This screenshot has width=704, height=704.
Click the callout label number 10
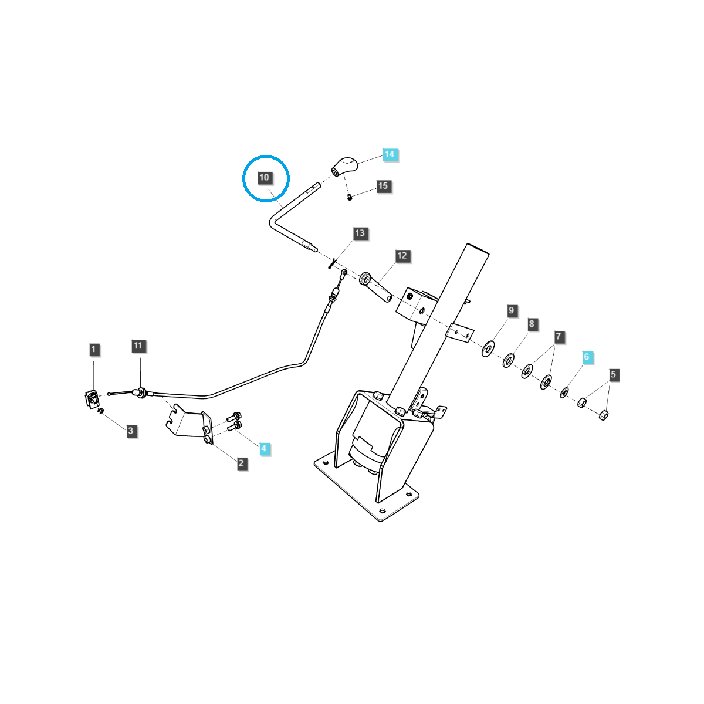tap(264, 177)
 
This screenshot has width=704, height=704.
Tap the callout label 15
tap(383, 186)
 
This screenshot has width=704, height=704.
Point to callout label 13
tap(360, 233)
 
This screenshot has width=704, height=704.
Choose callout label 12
tap(402, 256)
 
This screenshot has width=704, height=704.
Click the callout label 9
tap(511, 310)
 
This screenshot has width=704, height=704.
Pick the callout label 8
tap(532, 324)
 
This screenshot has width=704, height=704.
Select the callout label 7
tap(559, 337)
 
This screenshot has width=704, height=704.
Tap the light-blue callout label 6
tap(586, 357)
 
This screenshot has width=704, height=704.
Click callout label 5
tap(613, 374)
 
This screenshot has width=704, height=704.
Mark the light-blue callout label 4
tap(264, 449)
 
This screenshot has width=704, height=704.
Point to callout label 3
tap(130, 431)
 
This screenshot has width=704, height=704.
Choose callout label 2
tap(241, 463)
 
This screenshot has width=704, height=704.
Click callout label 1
tap(94, 350)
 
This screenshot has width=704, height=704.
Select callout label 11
tap(138, 346)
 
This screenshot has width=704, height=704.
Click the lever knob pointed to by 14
tap(344, 165)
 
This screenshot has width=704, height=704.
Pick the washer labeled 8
tap(508, 360)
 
